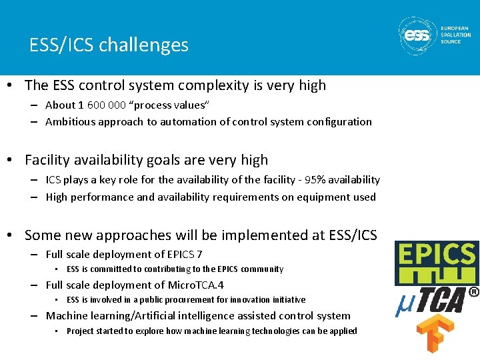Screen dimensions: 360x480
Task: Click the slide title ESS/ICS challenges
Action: pos(109,45)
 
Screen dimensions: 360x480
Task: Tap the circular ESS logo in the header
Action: pos(418,35)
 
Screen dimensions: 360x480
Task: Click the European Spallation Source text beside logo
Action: pos(455,35)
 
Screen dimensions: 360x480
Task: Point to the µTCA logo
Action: pos(437,300)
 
